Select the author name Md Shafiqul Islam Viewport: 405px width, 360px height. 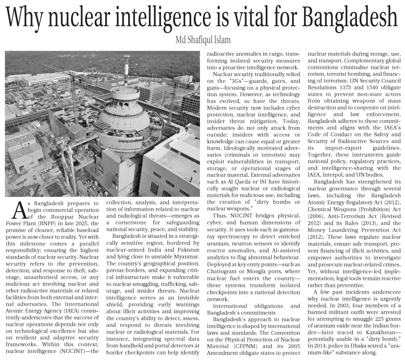coord(202,40)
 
